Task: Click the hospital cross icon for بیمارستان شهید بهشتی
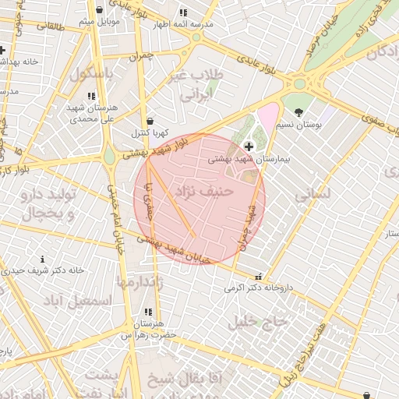[x=249, y=147]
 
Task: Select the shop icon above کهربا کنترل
[x=149, y=121]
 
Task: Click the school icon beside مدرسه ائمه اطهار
[x=182, y=13]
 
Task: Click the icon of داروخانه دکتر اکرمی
[x=258, y=276]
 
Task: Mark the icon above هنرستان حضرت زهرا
[x=148, y=312]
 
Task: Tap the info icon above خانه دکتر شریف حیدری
[x=42, y=259]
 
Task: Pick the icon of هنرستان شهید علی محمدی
[x=92, y=96]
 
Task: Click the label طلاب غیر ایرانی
[x=202, y=85]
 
